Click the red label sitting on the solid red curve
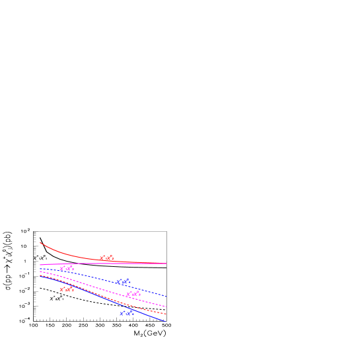(x=106, y=258)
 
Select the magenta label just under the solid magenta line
(x=67, y=268)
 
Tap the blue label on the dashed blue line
(x=124, y=282)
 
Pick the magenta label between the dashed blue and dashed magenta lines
(x=133, y=294)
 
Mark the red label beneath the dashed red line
(x=67, y=289)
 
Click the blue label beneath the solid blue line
(x=127, y=313)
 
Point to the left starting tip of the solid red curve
(x=40, y=242)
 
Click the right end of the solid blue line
(x=165, y=321)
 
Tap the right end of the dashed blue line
(x=166, y=296)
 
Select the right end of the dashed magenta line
(x=166, y=306)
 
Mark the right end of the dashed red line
(x=166, y=314)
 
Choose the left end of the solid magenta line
(x=40, y=265)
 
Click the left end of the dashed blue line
(x=40, y=269)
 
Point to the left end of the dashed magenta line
(x=40, y=271)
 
